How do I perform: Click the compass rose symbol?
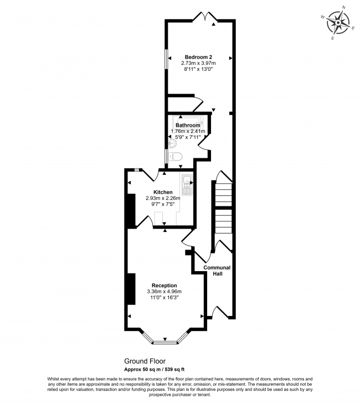tap(339, 23)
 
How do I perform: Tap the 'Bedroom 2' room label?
tap(198, 57)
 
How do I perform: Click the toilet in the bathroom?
tap(176, 157)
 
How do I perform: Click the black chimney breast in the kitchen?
tap(131, 210)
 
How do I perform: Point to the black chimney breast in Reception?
tap(131, 288)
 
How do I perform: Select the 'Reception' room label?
tap(164, 286)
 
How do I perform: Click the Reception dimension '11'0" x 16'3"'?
tap(164, 298)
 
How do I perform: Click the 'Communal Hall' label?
tap(217, 271)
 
